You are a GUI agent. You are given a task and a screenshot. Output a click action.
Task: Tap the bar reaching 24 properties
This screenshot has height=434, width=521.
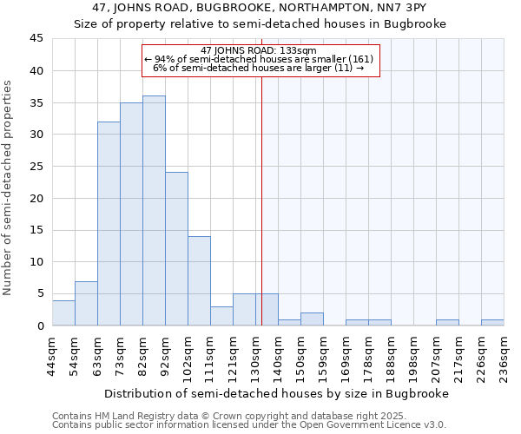[x=176, y=249]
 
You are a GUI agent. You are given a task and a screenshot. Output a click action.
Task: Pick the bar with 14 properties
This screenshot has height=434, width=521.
[x=199, y=280]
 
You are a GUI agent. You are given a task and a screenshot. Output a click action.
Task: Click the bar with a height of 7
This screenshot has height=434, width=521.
[x=86, y=303]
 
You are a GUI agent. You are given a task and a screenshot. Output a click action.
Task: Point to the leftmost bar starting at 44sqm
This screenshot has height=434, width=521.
[x=63, y=312]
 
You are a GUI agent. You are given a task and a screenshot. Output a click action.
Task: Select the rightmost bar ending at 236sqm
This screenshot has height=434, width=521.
[x=492, y=323]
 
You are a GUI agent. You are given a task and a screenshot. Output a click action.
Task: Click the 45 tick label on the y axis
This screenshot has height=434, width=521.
[x=36, y=39]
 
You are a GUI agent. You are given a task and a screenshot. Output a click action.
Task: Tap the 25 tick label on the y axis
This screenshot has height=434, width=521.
[x=36, y=167]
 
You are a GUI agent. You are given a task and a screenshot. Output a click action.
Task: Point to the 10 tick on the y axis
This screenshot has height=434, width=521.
[x=36, y=262]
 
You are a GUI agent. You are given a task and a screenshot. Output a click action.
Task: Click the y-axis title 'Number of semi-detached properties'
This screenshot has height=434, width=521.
[x=8, y=187]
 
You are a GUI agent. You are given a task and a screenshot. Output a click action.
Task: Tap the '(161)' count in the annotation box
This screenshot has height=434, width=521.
[x=358, y=59]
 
